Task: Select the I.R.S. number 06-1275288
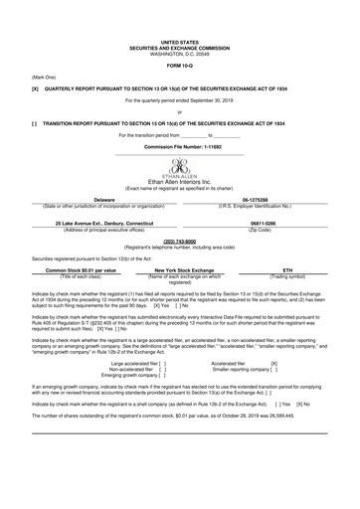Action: (270, 199)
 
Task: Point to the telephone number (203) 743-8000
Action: (180, 241)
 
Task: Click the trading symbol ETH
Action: (287, 269)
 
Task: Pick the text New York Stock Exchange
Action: (179, 269)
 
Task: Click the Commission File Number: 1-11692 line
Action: (180, 146)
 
